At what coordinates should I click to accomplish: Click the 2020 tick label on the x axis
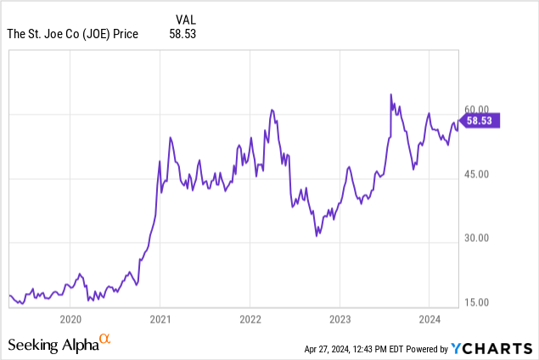click(x=71, y=318)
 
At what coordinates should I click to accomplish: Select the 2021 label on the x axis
click(x=160, y=318)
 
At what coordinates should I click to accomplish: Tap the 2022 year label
click(x=250, y=318)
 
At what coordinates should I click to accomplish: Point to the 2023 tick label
click(x=340, y=318)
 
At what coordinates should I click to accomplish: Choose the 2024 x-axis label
click(x=429, y=318)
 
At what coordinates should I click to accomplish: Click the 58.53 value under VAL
click(x=182, y=34)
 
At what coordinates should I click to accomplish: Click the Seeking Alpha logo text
click(x=53, y=345)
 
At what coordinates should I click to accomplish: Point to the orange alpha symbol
click(x=105, y=340)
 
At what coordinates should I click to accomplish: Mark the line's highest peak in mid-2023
click(x=390, y=94)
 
